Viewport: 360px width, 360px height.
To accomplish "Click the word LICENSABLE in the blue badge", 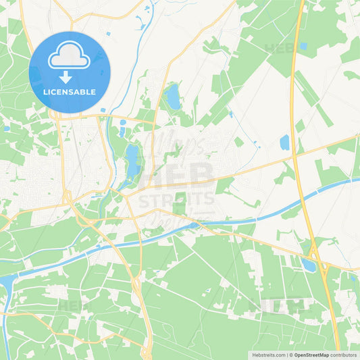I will (70, 91).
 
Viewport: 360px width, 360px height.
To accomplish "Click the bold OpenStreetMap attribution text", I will (311, 355).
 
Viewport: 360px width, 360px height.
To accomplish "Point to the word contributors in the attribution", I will (344, 355).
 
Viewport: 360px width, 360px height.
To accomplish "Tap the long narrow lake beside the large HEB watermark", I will (131, 162).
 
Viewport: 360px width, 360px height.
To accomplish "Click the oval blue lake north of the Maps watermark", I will (174, 97).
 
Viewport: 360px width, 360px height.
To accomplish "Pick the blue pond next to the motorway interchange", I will (309, 265).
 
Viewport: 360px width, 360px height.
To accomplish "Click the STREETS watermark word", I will (176, 199).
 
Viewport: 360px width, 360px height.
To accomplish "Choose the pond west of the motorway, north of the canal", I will (284, 142).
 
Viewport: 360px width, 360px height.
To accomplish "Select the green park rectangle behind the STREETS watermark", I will (180, 203).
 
